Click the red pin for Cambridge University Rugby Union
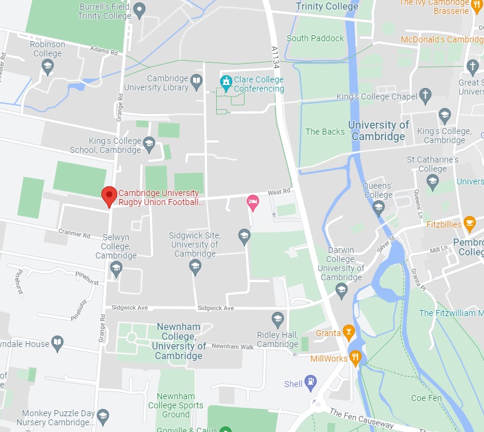[109, 195]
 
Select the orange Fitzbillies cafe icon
[469, 223]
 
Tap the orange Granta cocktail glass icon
[348, 332]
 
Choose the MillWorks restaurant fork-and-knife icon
[356, 357]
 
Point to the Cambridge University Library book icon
[196, 81]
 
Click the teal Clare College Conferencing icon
[226, 81]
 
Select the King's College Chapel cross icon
[426, 95]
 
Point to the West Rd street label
[279, 192]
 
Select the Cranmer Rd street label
[74, 232]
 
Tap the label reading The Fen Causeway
[361, 419]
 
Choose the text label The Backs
[325, 132]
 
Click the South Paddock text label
[315, 38]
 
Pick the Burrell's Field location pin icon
[139, 9]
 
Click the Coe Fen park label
[426, 398]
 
